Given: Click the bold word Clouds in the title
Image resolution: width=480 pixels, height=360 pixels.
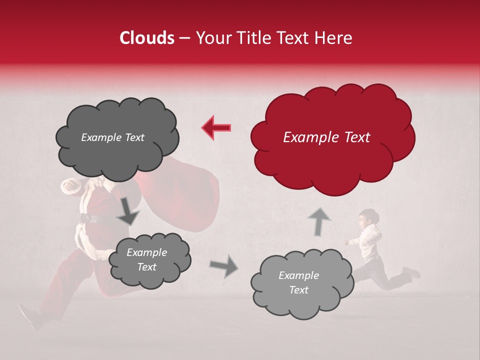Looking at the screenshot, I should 146,38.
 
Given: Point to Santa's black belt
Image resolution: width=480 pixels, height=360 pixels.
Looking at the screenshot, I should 90,218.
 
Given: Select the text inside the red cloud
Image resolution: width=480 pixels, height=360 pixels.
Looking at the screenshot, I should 326,137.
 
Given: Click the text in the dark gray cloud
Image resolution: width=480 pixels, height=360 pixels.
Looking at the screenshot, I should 112,137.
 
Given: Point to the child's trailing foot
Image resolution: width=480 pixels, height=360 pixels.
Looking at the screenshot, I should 412,273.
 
